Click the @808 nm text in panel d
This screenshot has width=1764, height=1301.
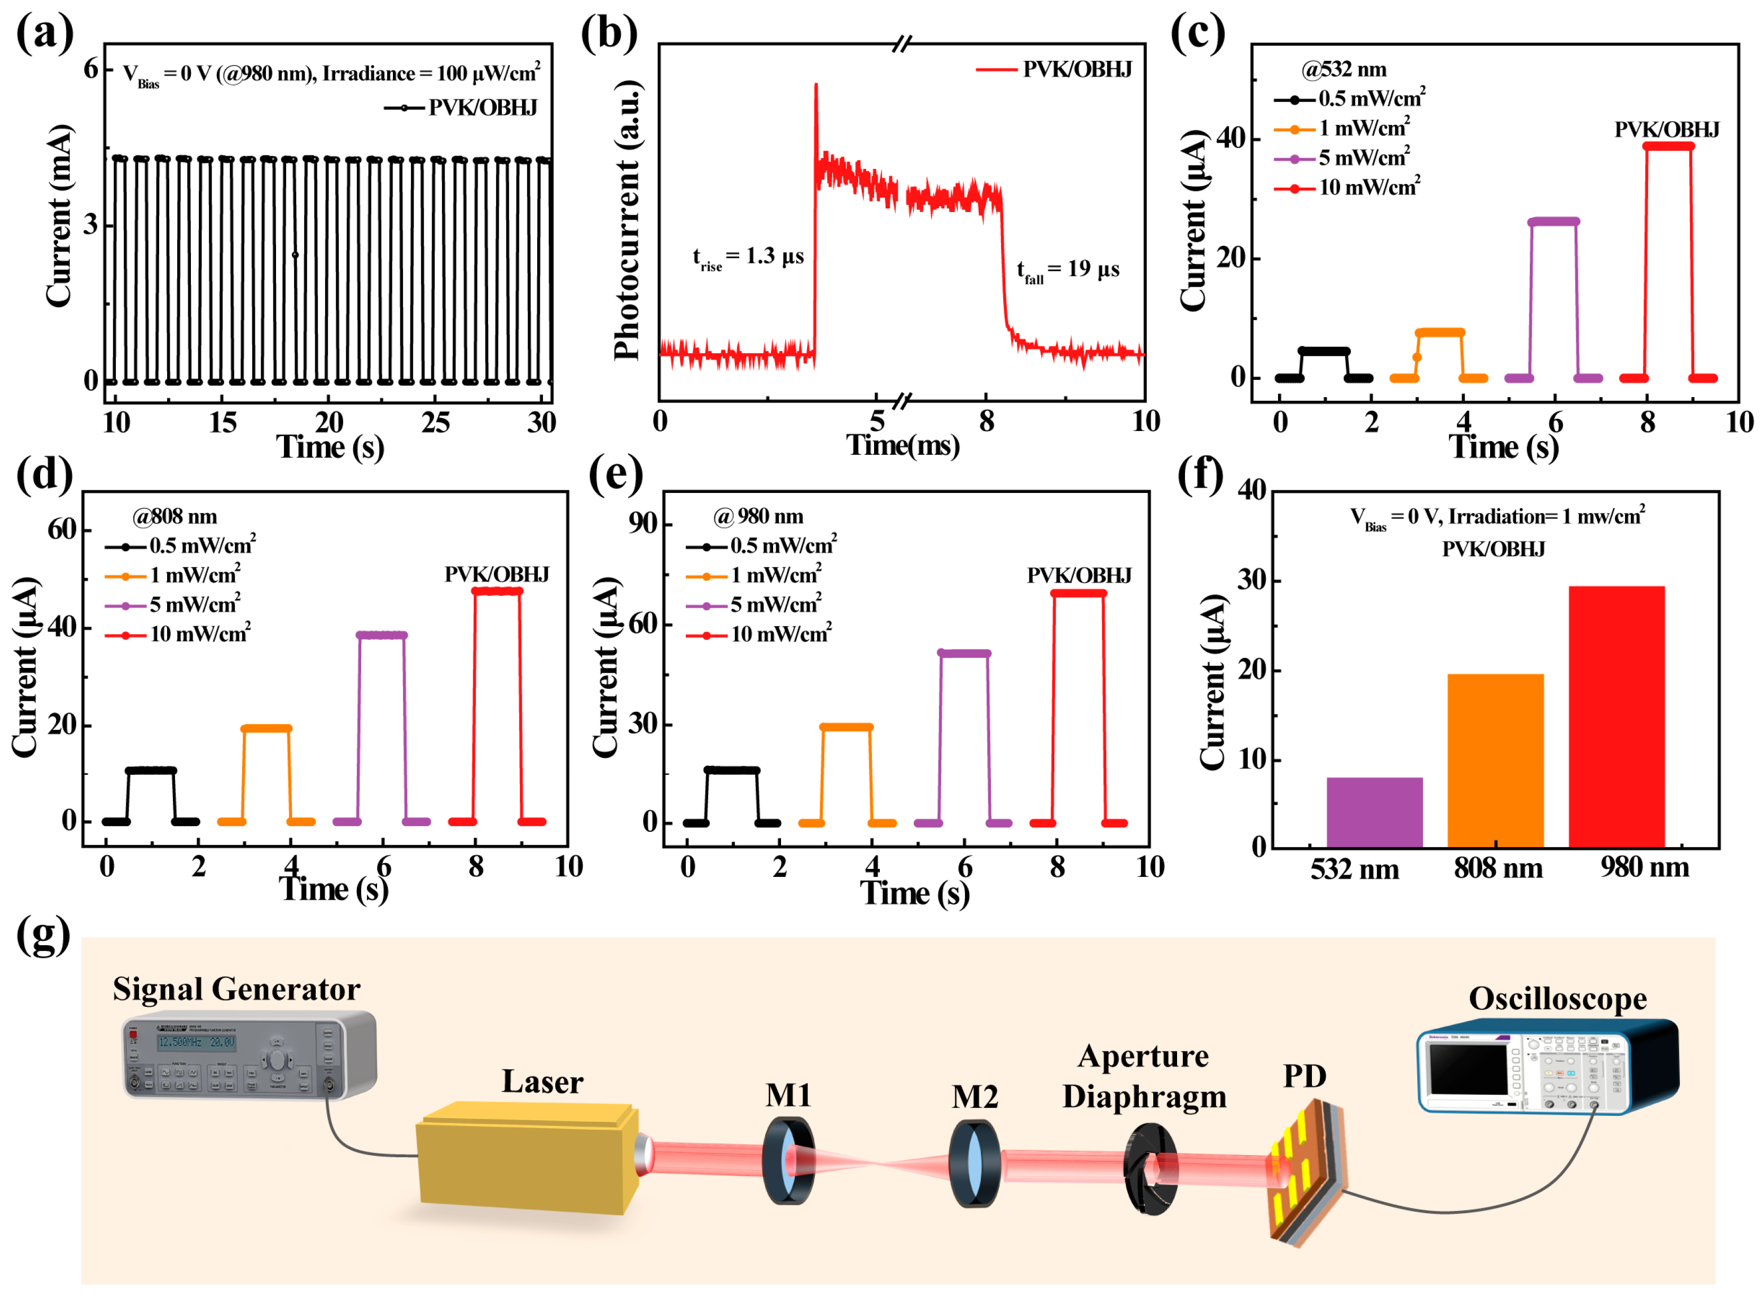[x=175, y=517]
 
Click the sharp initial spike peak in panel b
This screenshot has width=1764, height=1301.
[x=816, y=85]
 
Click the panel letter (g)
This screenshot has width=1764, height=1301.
[x=43, y=936]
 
